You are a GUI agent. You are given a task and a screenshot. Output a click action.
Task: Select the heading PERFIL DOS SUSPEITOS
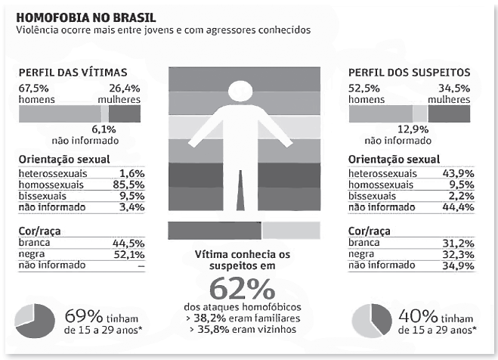coord(408,73)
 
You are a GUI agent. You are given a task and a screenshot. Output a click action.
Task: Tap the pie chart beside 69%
coord(36,320)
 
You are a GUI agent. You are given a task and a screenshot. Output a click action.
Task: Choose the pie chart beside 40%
coord(369,320)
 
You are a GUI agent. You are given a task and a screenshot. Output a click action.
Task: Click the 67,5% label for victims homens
coord(34,87)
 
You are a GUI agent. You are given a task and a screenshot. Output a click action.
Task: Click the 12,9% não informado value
coord(434,129)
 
